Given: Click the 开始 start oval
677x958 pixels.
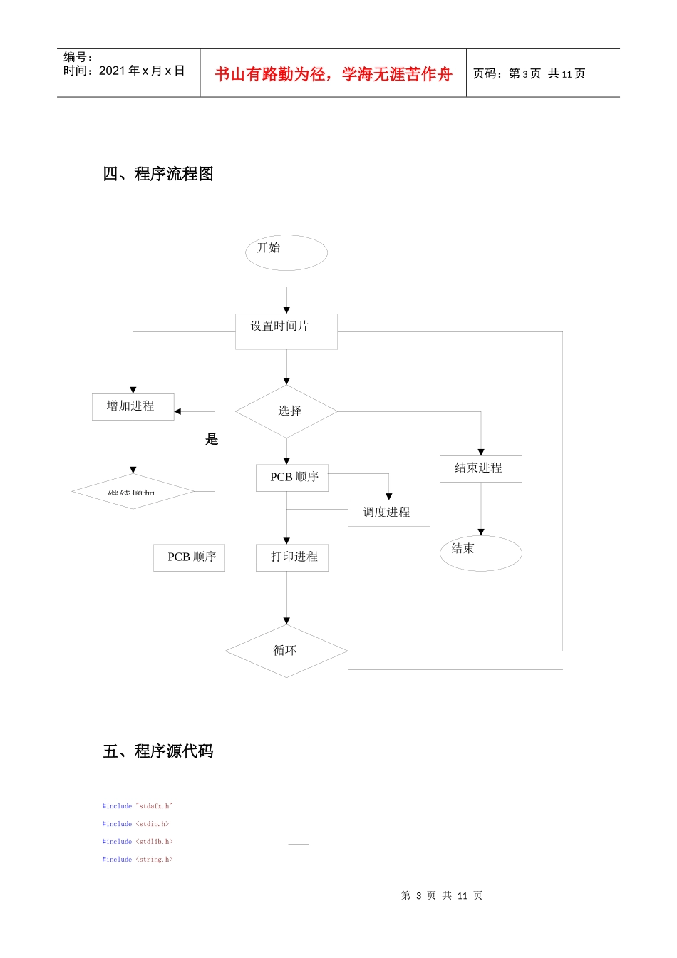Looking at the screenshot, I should coord(286,252).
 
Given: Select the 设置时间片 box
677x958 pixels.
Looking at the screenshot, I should coord(286,331).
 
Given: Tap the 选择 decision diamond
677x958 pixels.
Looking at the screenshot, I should coord(286,411).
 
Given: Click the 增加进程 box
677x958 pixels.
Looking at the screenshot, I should coord(133,406).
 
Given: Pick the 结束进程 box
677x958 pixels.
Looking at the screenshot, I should coord(480,468).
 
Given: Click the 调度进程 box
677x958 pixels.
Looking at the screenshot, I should coord(388,513).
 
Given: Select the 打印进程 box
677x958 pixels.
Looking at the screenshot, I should coord(292,557).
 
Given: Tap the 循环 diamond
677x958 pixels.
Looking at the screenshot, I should coord(286,651).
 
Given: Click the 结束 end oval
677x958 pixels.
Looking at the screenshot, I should coord(480,552).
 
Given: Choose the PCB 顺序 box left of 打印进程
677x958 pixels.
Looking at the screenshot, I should coord(190,557).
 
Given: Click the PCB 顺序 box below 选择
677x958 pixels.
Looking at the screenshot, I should coord(292,478).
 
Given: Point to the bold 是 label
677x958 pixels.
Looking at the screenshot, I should coord(212,439).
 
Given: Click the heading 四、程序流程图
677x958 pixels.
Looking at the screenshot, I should coord(157,174).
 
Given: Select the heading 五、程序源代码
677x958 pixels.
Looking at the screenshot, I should coord(157,751).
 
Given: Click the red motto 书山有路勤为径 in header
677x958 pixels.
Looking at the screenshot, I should coord(333,74).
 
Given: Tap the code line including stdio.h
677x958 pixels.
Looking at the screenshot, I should coord(135,824).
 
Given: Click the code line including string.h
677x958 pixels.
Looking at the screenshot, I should coord(137,860).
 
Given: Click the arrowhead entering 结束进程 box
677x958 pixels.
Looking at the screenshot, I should coord(481,452).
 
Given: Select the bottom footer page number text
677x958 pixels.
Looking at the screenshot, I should coord(441,895).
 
